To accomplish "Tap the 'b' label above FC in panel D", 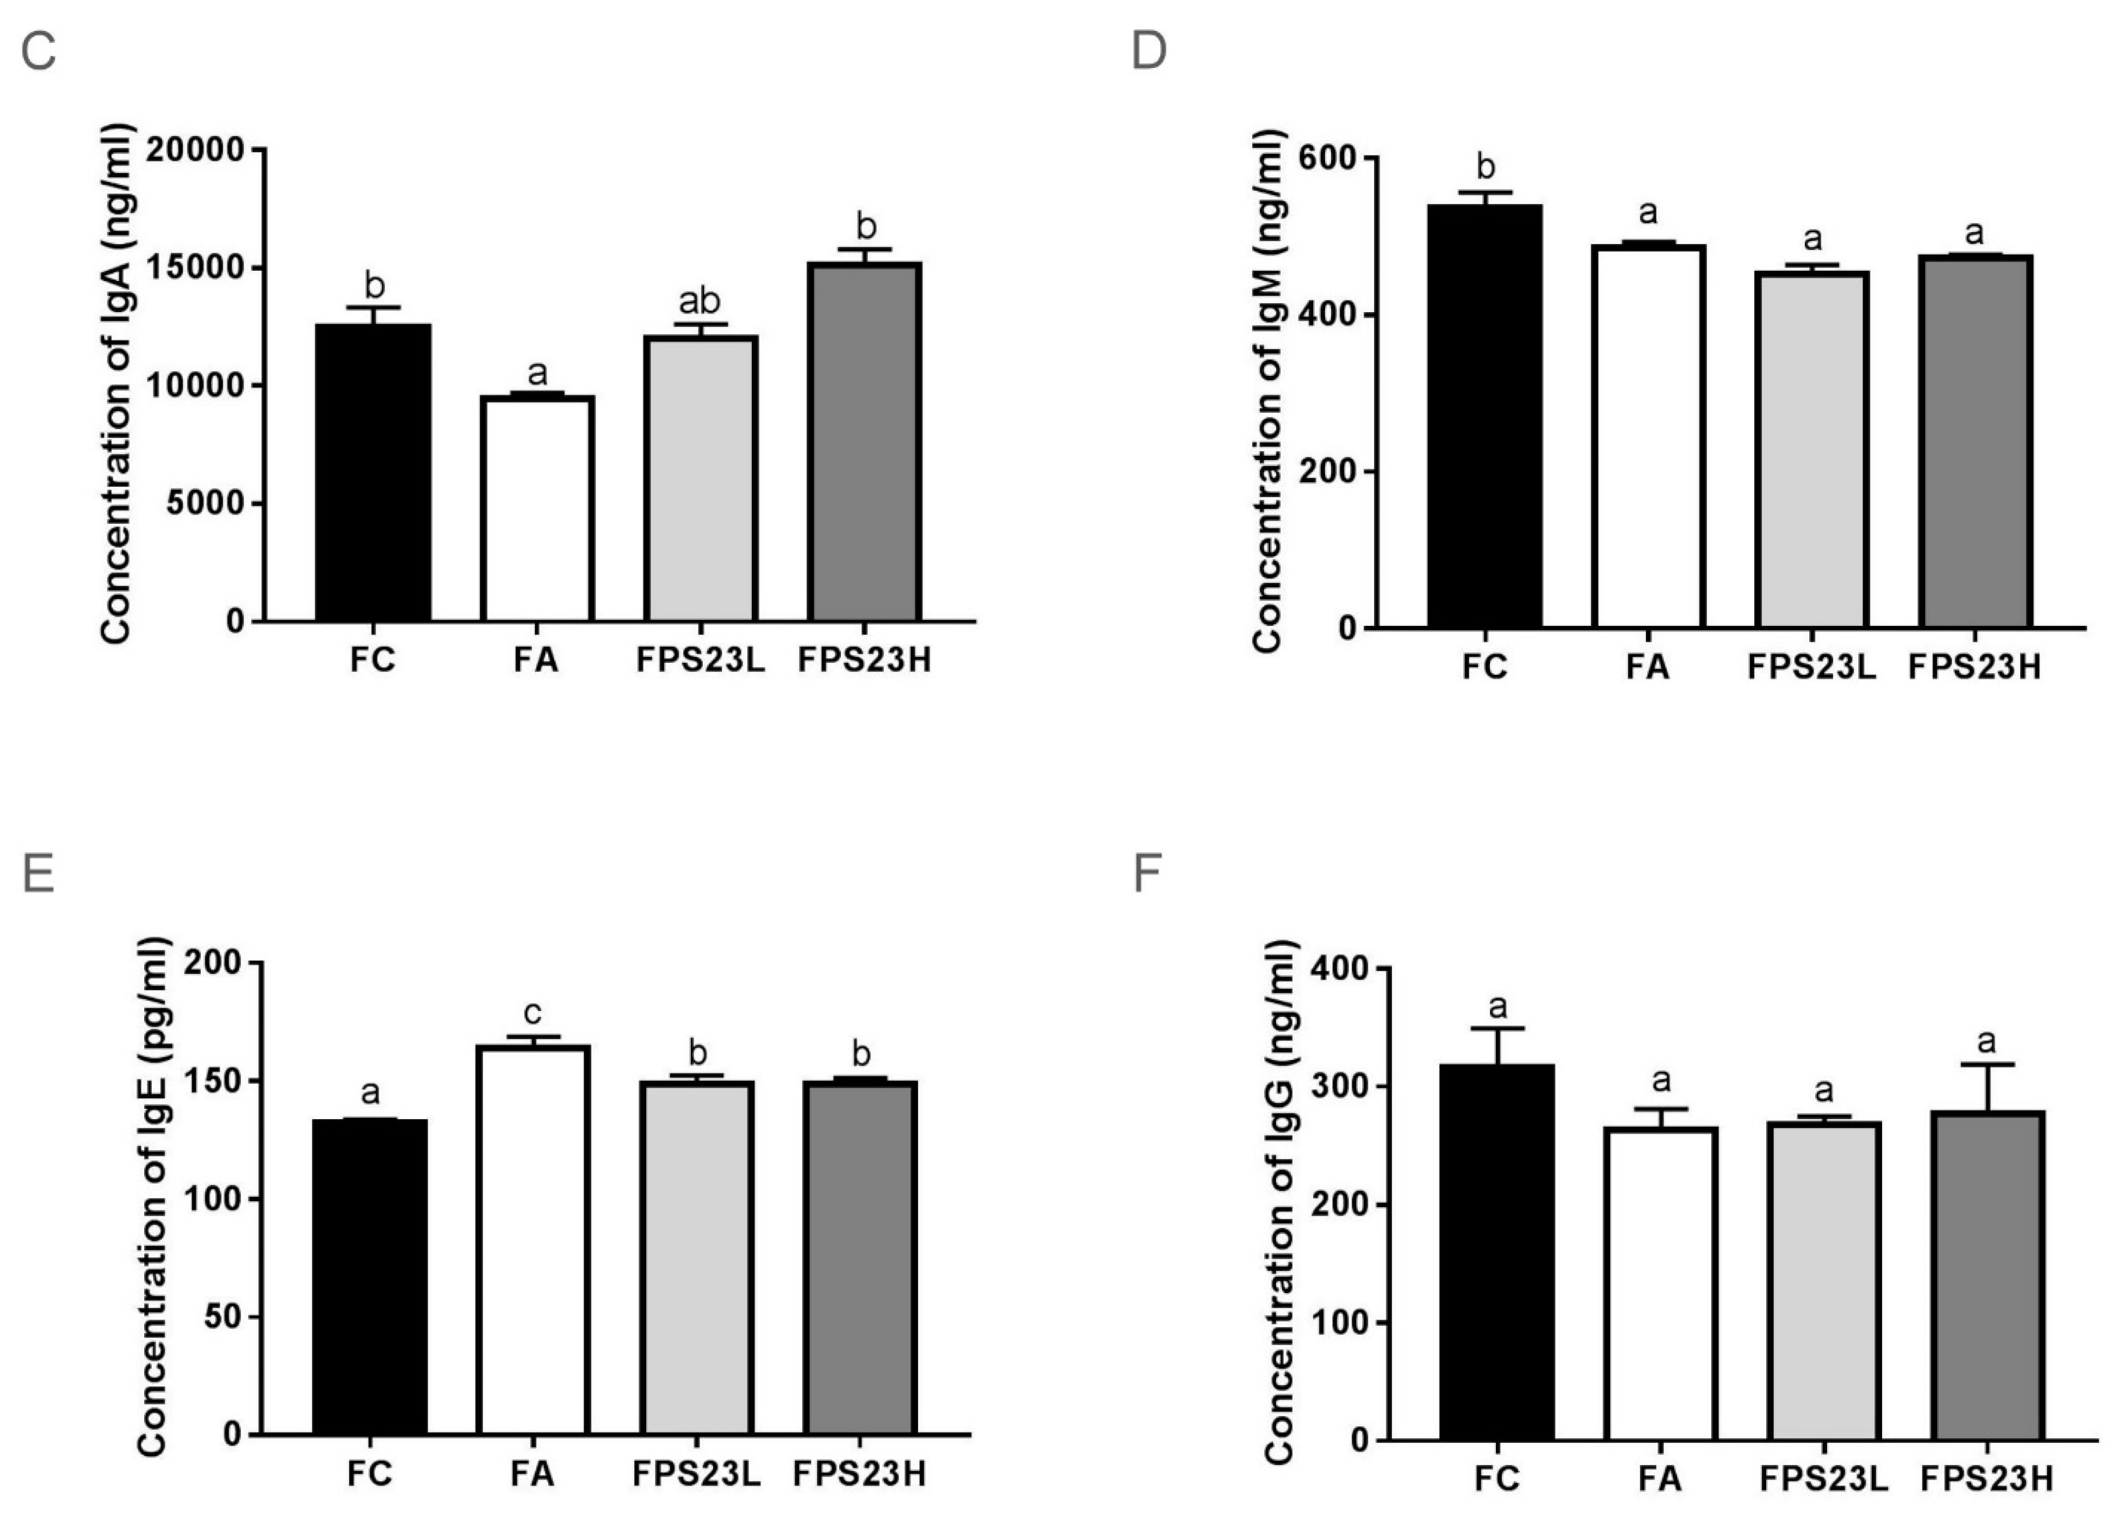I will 1486,168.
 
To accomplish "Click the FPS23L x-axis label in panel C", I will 700,661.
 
